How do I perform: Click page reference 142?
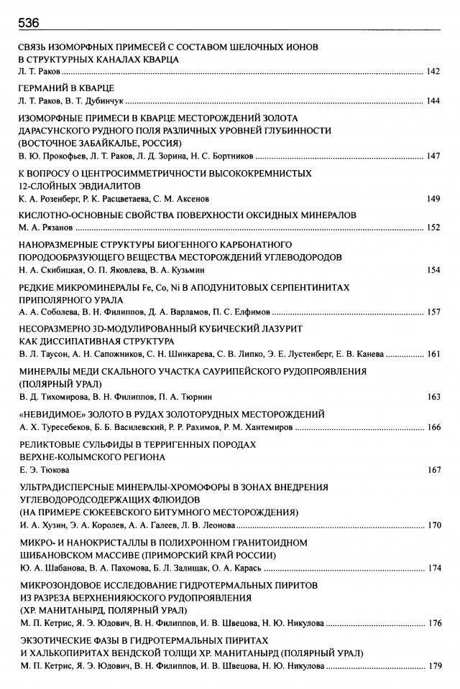[x=433, y=72]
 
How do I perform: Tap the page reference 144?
[x=433, y=101]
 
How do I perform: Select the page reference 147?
[x=433, y=156]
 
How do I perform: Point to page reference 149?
[x=433, y=199]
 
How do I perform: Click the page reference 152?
[x=433, y=228]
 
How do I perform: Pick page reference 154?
[x=433, y=270]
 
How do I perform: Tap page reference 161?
[x=433, y=354]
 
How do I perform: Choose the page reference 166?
[x=433, y=428]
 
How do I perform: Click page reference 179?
[x=433, y=666]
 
